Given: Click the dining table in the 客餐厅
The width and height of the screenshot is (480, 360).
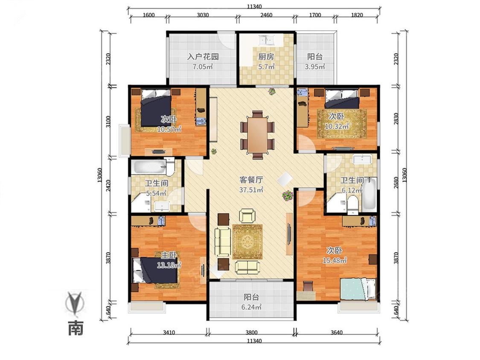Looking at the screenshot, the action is coord(257,135).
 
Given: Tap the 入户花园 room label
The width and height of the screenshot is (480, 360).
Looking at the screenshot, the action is coord(203,57).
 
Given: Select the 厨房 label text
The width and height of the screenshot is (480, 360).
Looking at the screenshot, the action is coord(266,57).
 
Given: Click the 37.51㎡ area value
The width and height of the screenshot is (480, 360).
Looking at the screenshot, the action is coord(251,190).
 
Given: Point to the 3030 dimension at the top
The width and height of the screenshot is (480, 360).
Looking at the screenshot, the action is coord(203,15).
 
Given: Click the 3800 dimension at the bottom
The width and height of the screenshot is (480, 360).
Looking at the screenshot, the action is coord(251,332).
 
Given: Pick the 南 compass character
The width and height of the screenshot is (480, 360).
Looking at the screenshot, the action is coord(75,328).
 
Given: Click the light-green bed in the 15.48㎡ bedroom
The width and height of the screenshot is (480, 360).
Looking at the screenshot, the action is coord(358,289).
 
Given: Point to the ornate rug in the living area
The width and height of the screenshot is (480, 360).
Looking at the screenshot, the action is coord(247,242).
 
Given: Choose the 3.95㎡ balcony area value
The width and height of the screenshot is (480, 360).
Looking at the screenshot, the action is coord(315,67).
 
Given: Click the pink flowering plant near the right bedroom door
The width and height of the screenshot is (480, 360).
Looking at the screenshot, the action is coord(288,195).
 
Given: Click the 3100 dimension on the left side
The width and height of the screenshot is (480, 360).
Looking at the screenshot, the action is coord(108,122).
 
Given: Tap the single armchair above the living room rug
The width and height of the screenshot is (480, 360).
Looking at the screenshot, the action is coord(247,215).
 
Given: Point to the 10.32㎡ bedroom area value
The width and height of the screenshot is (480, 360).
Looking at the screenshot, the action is coord(337,126).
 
